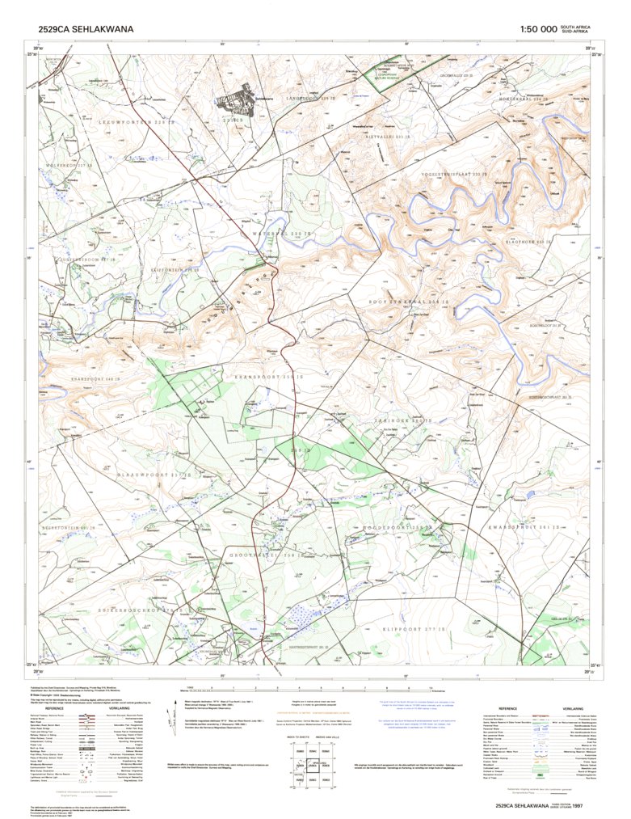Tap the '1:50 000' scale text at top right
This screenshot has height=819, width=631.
(538, 29)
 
